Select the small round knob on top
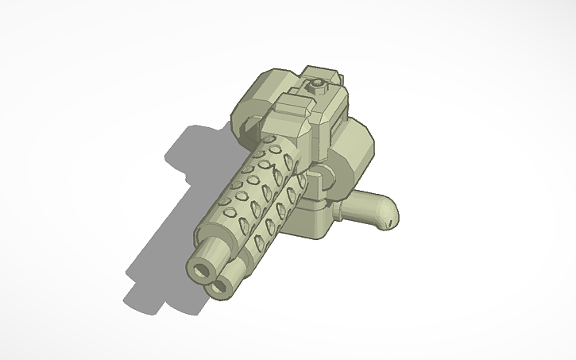(318, 82)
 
